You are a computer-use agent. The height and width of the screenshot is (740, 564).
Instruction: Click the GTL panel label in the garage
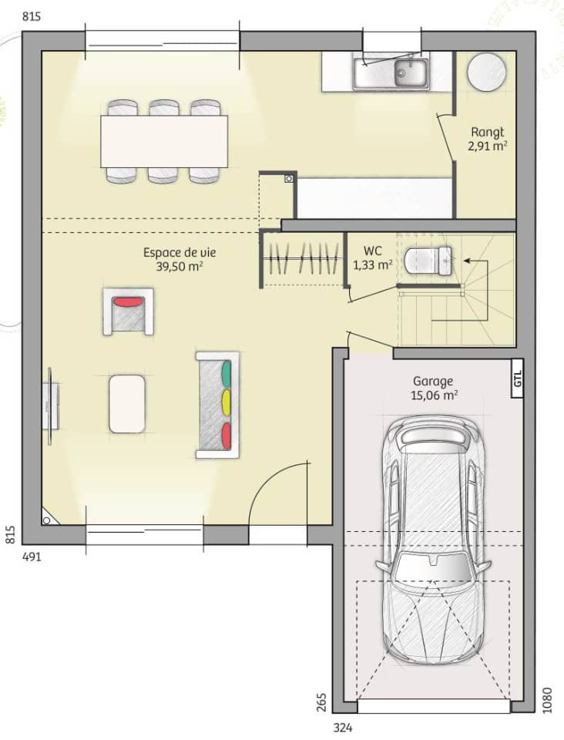coord(518,378)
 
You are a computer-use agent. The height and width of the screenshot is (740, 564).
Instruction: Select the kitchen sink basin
coord(411,74)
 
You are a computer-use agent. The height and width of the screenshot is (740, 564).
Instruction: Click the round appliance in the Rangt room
coord(487,72)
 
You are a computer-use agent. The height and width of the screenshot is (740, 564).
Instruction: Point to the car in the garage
coord(433,540)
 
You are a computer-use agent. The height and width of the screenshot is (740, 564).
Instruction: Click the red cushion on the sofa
coord(227,434)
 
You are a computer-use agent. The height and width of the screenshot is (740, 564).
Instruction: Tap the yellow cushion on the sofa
coord(227,402)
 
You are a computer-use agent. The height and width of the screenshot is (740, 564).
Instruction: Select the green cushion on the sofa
coord(227,372)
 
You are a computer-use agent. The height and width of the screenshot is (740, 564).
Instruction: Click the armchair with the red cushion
coord(129,311)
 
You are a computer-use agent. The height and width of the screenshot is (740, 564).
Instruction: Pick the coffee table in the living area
coord(127,403)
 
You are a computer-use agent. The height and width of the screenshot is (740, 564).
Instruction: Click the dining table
coord(163,141)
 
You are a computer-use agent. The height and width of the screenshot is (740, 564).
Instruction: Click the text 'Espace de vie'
coord(173,252)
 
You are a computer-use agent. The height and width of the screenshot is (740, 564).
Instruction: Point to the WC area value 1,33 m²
coord(372,264)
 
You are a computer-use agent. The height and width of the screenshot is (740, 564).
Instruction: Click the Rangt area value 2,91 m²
coord(487,145)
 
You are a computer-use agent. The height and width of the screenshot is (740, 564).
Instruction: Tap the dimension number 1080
coord(548,700)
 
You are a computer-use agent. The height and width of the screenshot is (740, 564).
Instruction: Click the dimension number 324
coord(344,727)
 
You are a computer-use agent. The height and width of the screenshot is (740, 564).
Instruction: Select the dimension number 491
coord(31,557)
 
